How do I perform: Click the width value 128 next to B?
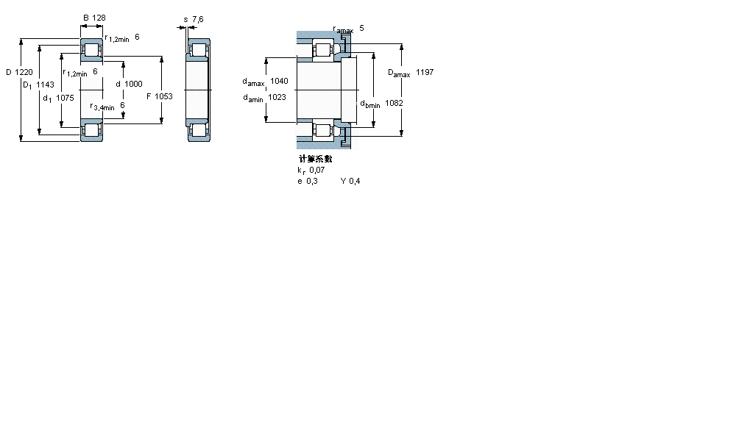pyautogui.click(x=99, y=17)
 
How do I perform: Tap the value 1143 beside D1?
pyautogui.click(x=46, y=85)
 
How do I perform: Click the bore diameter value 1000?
pyautogui.click(x=133, y=84)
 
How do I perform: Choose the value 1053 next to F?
pyautogui.click(x=163, y=96)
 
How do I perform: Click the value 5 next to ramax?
pyautogui.click(x=361, y=28)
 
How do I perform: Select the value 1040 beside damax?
pyautogui.click(x=280, y=81)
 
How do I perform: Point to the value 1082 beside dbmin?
pyautogui.click(x=394, y=103)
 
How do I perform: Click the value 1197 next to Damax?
pyautogui.click(x=425, y=72)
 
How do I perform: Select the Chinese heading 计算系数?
pyautogui.click(x=315, y=159)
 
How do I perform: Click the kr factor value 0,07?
pyautogui.click(x=317, y=170)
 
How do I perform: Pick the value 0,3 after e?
pyautogui.click(x=311, y=181)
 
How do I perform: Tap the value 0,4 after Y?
pyautogui.click(x=354, y=181)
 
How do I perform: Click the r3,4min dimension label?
pyautogui.click(x=102, y=107)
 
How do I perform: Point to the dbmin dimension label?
pyautogui.click(x=370, y=104)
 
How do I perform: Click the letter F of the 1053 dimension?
pyautogui.click(x=148, y=96)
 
